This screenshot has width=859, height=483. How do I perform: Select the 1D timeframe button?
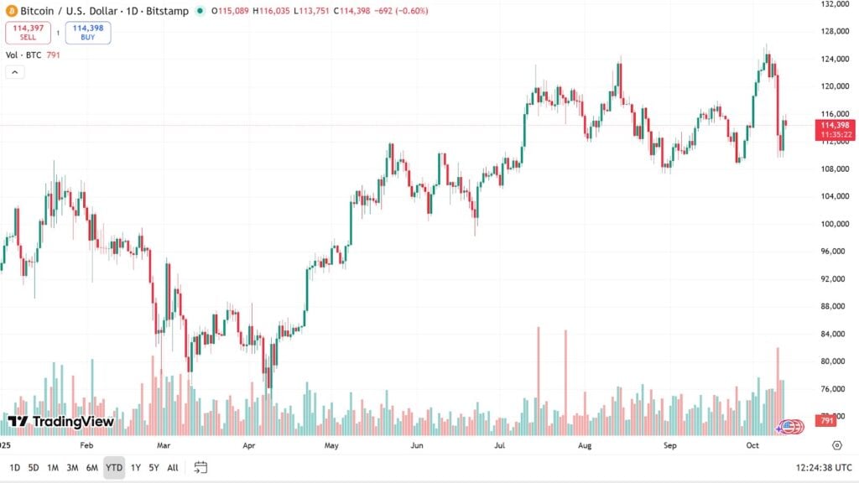(x=15, y=467)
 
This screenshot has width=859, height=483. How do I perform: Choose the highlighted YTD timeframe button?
(x=114, y=467)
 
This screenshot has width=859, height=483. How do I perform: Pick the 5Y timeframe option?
(x=154, y=467)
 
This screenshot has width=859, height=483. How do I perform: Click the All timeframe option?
(x=173, y=467)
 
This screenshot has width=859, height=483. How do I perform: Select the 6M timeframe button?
(x=92, y=467)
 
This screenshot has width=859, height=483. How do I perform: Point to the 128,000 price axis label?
(x=836, y=31)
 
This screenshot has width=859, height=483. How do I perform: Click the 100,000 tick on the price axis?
(x=836, y=224)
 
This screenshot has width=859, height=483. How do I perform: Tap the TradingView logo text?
(x=60, y=422)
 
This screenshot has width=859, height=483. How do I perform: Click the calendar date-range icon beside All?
(x=200, y=467)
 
